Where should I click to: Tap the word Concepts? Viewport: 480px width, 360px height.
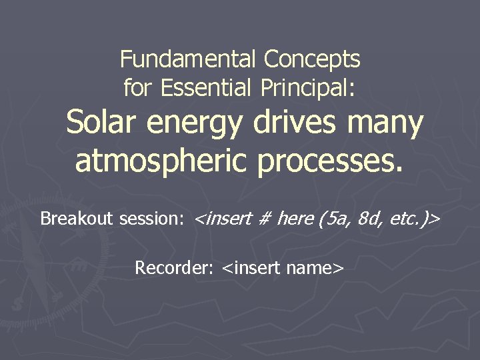312,60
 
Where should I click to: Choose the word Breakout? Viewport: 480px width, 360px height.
77,219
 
